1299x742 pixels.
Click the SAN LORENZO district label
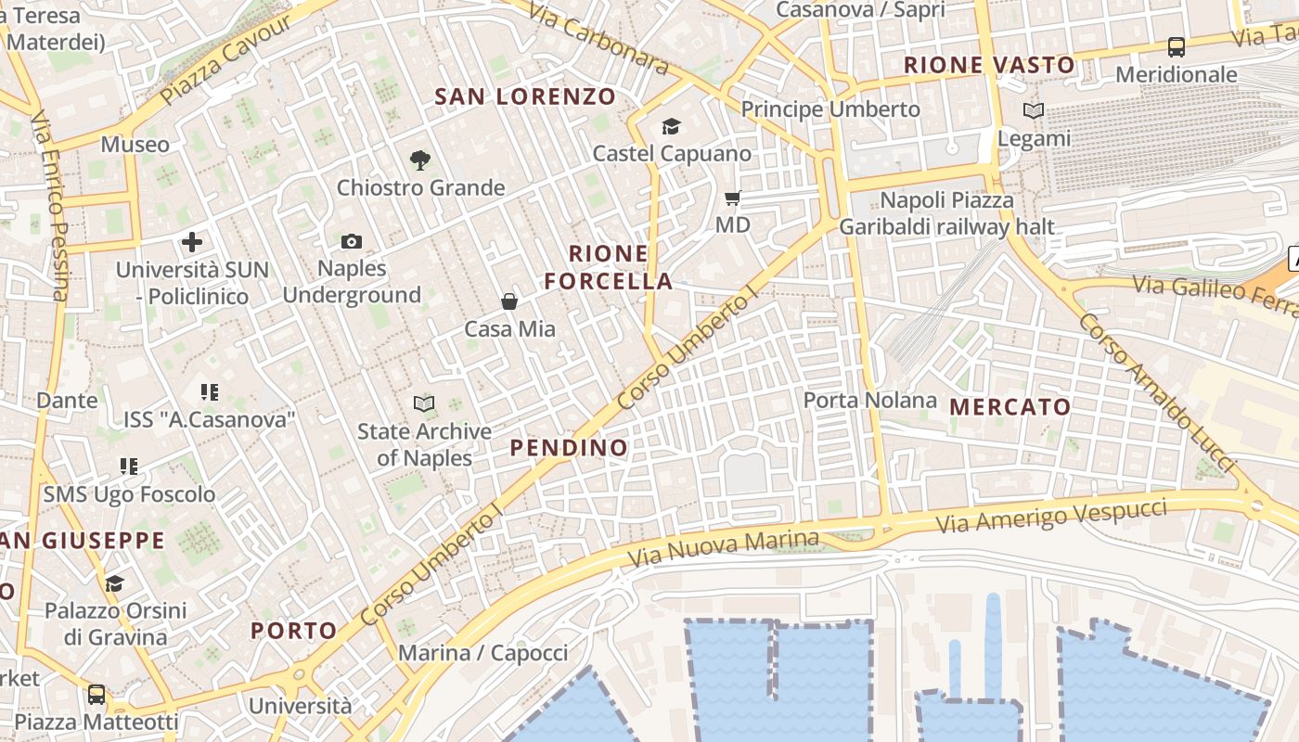(525, 96)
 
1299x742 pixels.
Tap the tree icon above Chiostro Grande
(420, 160)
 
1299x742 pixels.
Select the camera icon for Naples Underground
(352, 242)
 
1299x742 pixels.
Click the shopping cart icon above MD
(733, 198)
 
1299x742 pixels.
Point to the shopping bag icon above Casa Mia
(509, 301)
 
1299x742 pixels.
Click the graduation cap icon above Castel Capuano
(671, 127)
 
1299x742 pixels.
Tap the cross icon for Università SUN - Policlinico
(192, 243)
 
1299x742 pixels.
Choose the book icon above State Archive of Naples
(424, 404)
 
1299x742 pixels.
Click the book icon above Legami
(1034, 111)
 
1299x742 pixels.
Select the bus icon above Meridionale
(1177, 47)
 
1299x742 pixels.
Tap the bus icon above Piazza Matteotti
(96, 695)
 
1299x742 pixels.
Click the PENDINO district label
(570, 448)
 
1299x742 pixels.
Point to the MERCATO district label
(1010, 406)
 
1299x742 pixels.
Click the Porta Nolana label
(870, 401)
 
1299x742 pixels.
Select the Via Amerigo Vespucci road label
(1051, 516)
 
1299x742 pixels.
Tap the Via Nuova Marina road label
(724, 549)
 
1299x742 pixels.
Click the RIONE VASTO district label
(989, 66)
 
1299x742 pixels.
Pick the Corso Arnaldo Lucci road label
(1157, 391)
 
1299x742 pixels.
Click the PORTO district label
(294, 631)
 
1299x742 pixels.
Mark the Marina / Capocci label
(482, 653)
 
